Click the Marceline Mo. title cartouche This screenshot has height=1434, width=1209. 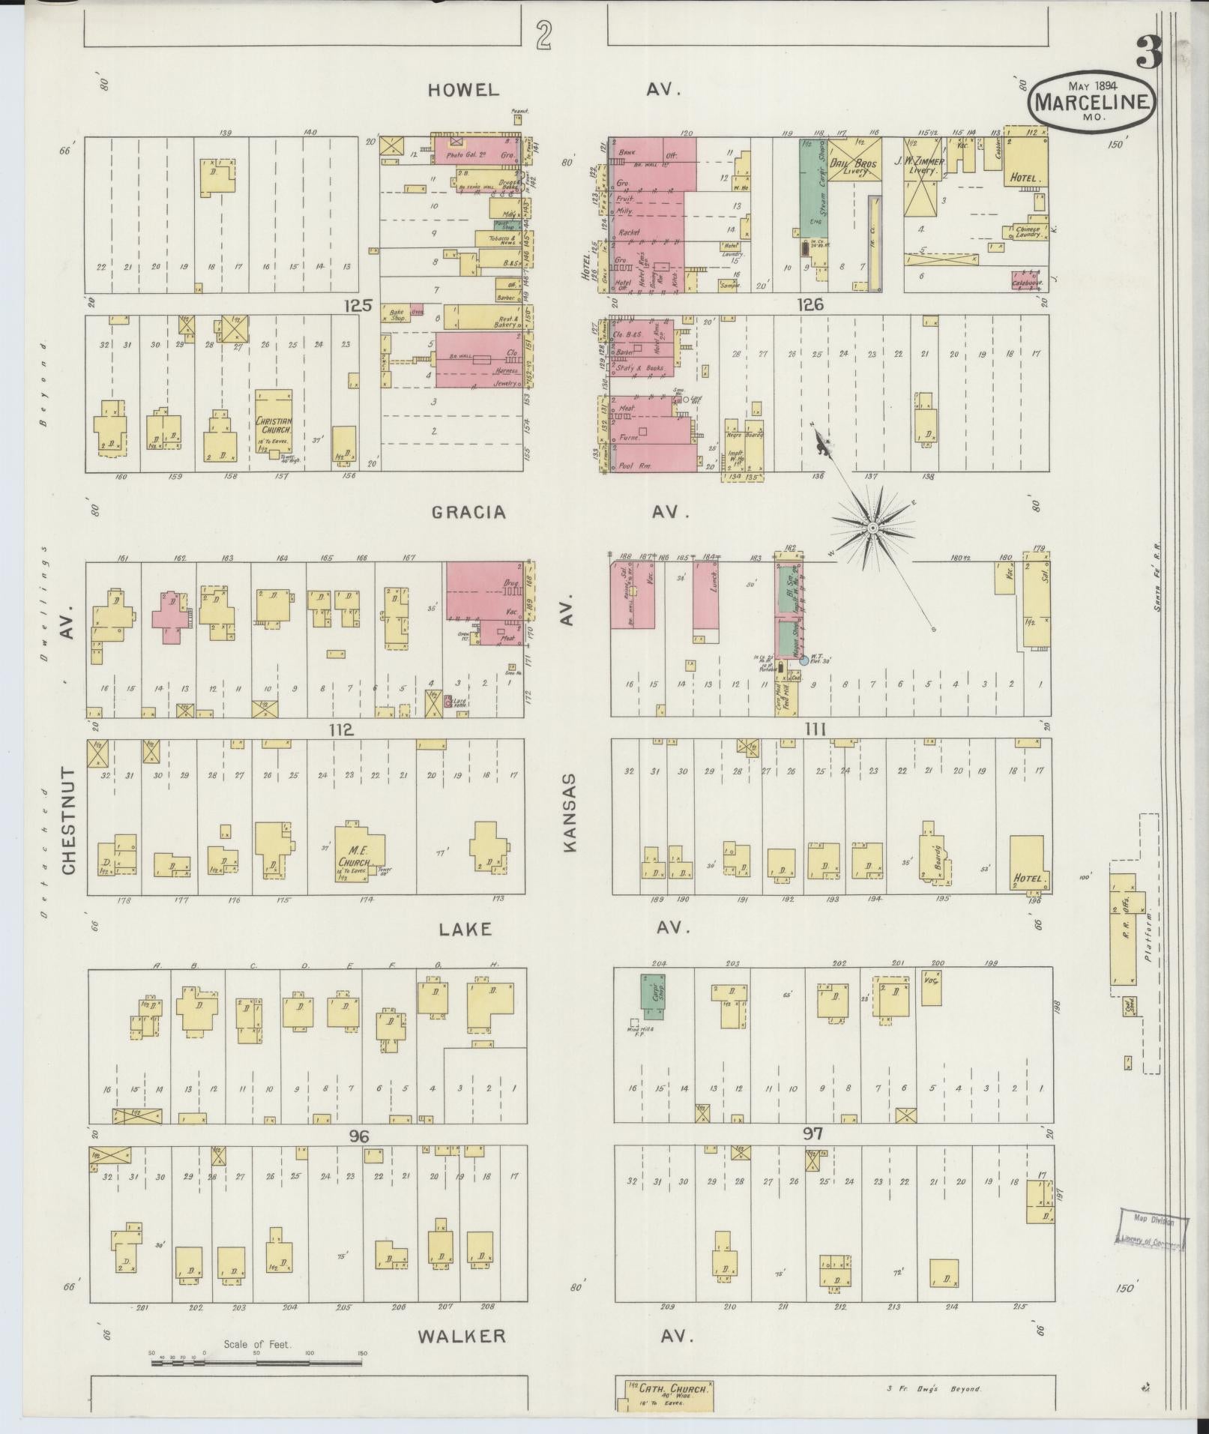(x=1091, y=99)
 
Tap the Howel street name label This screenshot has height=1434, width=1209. (x=462, y=90)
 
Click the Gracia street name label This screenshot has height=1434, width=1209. (x=468, y=513)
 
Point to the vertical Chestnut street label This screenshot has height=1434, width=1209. (x=69, y=820)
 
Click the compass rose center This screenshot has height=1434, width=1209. (x=872, y=528)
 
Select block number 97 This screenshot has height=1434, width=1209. (x=812, y=1154)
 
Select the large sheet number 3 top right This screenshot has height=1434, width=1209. (x=1148, y=52)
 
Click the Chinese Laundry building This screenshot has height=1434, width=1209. (x=1025, y=232)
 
